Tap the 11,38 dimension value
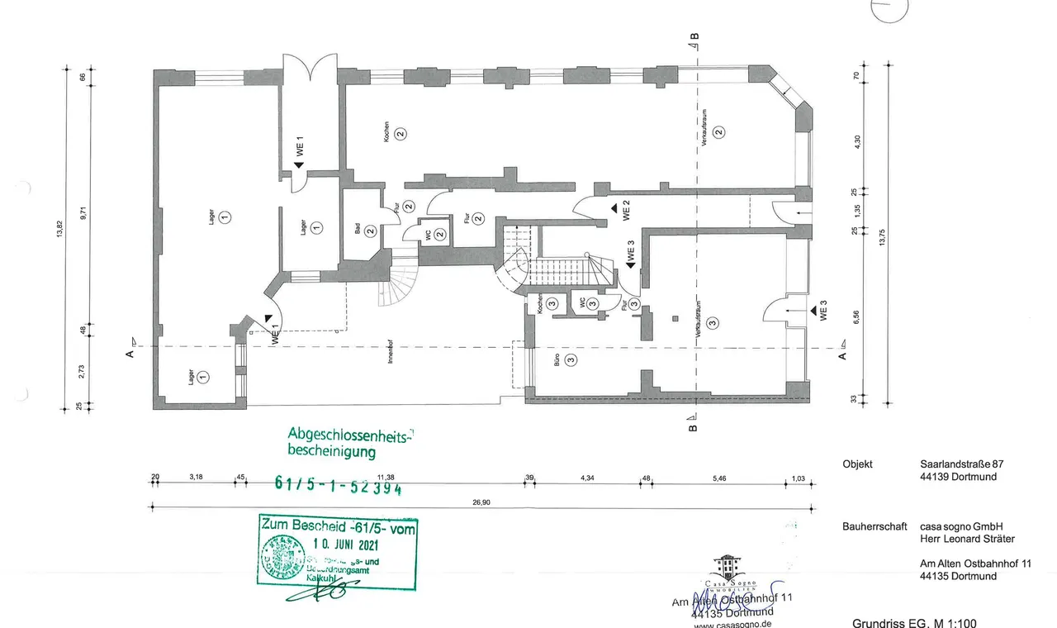pos(386,477)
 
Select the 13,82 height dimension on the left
pos(59,237)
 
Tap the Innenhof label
pos(388,354)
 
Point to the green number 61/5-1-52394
pos(338,486)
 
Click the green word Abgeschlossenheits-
pos(350,435)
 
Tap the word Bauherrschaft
pos(875,526)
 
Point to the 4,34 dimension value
pos(587,477)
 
